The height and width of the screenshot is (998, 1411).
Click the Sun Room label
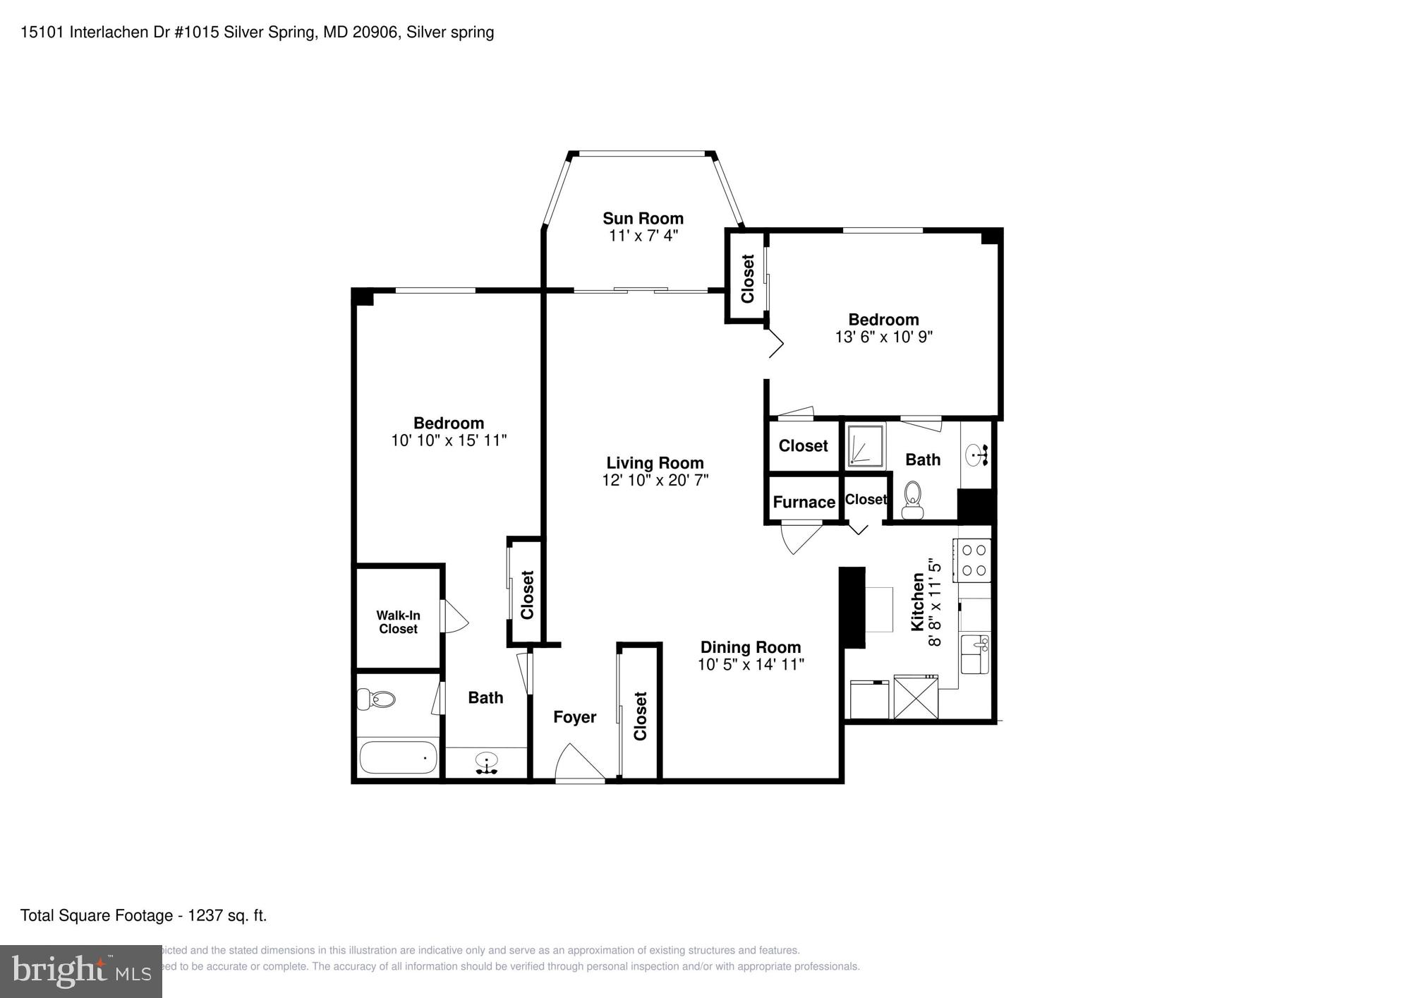pos(643,218)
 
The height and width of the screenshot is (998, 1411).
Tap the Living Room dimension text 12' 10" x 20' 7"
pos(655,481)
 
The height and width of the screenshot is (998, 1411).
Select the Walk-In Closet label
pos(398,623)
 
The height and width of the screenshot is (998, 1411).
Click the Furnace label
pos(804,502)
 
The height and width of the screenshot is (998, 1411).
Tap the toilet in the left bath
pos(376,699)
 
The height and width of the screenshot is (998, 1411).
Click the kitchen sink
pos(975,654)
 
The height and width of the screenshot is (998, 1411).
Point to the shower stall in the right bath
pos(865,445)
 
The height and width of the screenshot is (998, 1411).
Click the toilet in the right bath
pos(912,500)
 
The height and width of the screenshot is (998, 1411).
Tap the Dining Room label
pos(750,647)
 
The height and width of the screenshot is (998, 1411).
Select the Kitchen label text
pos(917,601)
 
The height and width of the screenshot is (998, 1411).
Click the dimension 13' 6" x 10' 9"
pos(883,337)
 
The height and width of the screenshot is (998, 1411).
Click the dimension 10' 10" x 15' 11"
pos(449,440)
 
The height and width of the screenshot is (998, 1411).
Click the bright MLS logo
pos(80,971)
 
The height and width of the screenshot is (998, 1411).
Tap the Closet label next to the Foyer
pos(640,716)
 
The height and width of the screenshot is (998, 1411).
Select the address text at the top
pos(257,32)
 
